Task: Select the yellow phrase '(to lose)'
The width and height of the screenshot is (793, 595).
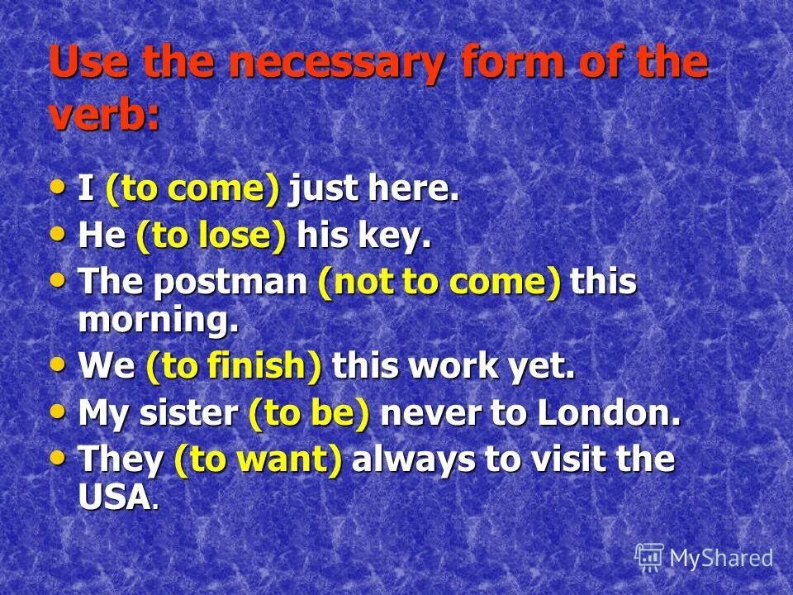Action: (x=211, y=237)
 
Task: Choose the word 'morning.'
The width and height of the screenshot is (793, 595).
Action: (x=159, y=321)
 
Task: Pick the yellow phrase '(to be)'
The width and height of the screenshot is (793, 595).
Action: (x=309, y=414)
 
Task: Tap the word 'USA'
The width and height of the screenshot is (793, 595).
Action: (x=116, y=497)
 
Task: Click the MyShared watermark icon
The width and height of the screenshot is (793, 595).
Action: (x=649, y=558)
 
